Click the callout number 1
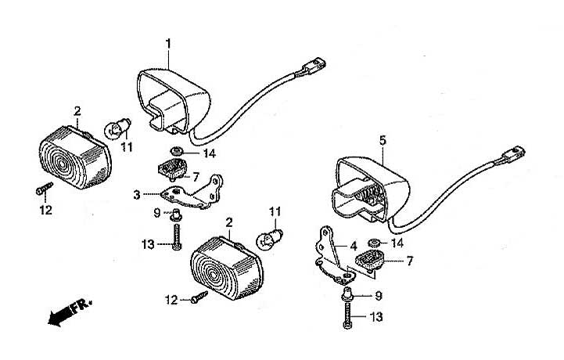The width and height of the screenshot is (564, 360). coord(168,44)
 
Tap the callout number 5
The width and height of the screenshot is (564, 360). coord(383,140)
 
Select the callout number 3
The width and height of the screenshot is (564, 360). coord(137,195)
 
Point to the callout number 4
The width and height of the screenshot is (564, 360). coord(354,247)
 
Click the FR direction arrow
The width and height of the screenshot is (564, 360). coord(70,312)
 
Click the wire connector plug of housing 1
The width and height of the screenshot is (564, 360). coord(314,67)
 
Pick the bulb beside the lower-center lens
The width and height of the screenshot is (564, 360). coord(268,238)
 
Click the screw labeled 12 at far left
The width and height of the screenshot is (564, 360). coord(45,189)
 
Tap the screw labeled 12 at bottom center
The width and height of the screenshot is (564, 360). coord(199,297)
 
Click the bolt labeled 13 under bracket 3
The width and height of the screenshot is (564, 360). coord(176,237)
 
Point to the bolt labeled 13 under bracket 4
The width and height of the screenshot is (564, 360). coord(347,315)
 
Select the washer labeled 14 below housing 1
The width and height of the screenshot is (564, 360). coord(176,151)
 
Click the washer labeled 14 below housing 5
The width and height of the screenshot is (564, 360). coord(374,243)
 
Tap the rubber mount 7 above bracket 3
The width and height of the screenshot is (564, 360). coord(173,169)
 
